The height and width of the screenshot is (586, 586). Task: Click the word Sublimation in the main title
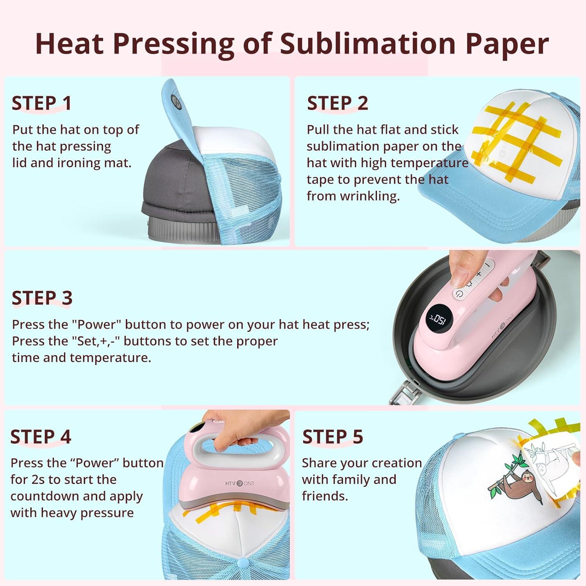click(368, 44)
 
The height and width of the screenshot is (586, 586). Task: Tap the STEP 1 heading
click(42, 104)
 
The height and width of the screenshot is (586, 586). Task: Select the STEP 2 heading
click(338, 104)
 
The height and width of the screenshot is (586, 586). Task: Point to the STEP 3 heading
click(42, 298)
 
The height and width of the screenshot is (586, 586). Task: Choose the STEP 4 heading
click(41, 437)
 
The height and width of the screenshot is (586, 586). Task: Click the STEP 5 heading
click(333, 437)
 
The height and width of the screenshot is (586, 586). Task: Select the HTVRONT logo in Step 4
click(240, 484)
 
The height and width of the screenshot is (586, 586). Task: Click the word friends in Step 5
click(325, 496)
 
